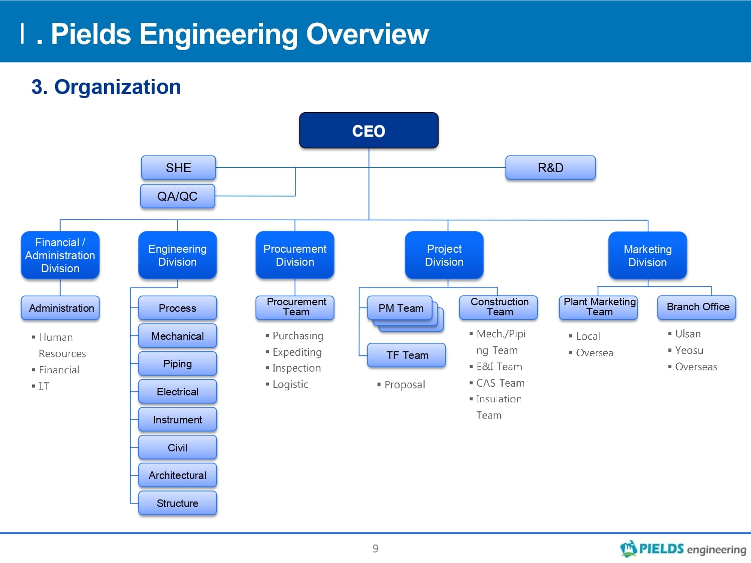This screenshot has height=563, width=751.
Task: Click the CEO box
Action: pyautogui.click(x=368, y=130)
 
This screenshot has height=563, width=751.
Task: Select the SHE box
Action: pyautogui.click(x=178, y=168)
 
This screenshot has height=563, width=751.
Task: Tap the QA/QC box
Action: pyautogui.click(x=178, y=196)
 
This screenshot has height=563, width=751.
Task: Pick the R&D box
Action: pyautogui.click(x=550, y=168)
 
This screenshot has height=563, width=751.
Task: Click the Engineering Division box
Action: pyautogui.click(x=177, y=255)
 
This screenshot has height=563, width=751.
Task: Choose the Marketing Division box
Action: pyautogui.click(x=647, y=255)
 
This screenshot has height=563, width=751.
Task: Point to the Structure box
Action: pyautogui.click(x=177, y=503)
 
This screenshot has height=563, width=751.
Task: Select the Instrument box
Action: pyautogui.click(x=177, y=419)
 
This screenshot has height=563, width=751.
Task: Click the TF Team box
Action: pyautogui.click(x=406, y=355)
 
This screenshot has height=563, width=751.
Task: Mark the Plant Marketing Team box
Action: pyautogui.click(x=598, y=307)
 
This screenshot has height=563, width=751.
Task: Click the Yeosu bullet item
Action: pyautogui.click(x=686, y=350)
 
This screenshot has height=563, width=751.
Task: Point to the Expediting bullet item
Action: pyautogui.click(x=294, y=352)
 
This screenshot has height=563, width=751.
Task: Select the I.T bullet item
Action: pyautogui.click(x=41, y=386)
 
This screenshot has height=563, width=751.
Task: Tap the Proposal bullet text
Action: pyautogui.click(x=405, y=385)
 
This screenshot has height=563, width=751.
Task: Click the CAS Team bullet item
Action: pyautogui.click(x=497, y=383)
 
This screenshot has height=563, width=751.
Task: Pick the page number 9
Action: pyautogui.click(x=375, y=548)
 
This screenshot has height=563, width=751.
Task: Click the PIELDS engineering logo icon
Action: pyautogui.click(x=628, y=548)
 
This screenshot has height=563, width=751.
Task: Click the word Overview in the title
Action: pyautogui.click(x=367, y=34)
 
